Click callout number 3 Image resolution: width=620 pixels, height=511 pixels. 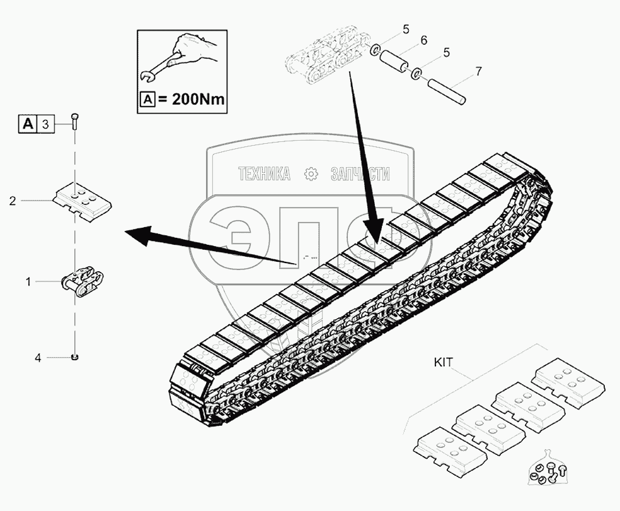45,124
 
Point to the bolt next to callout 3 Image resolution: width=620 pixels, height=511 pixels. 76,121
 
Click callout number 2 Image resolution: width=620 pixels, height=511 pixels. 13,201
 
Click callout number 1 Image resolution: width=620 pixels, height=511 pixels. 28,282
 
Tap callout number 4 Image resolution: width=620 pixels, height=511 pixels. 38,358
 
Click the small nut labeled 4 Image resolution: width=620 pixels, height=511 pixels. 76,358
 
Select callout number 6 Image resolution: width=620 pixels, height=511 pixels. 423,40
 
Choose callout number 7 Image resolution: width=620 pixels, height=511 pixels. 478,71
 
